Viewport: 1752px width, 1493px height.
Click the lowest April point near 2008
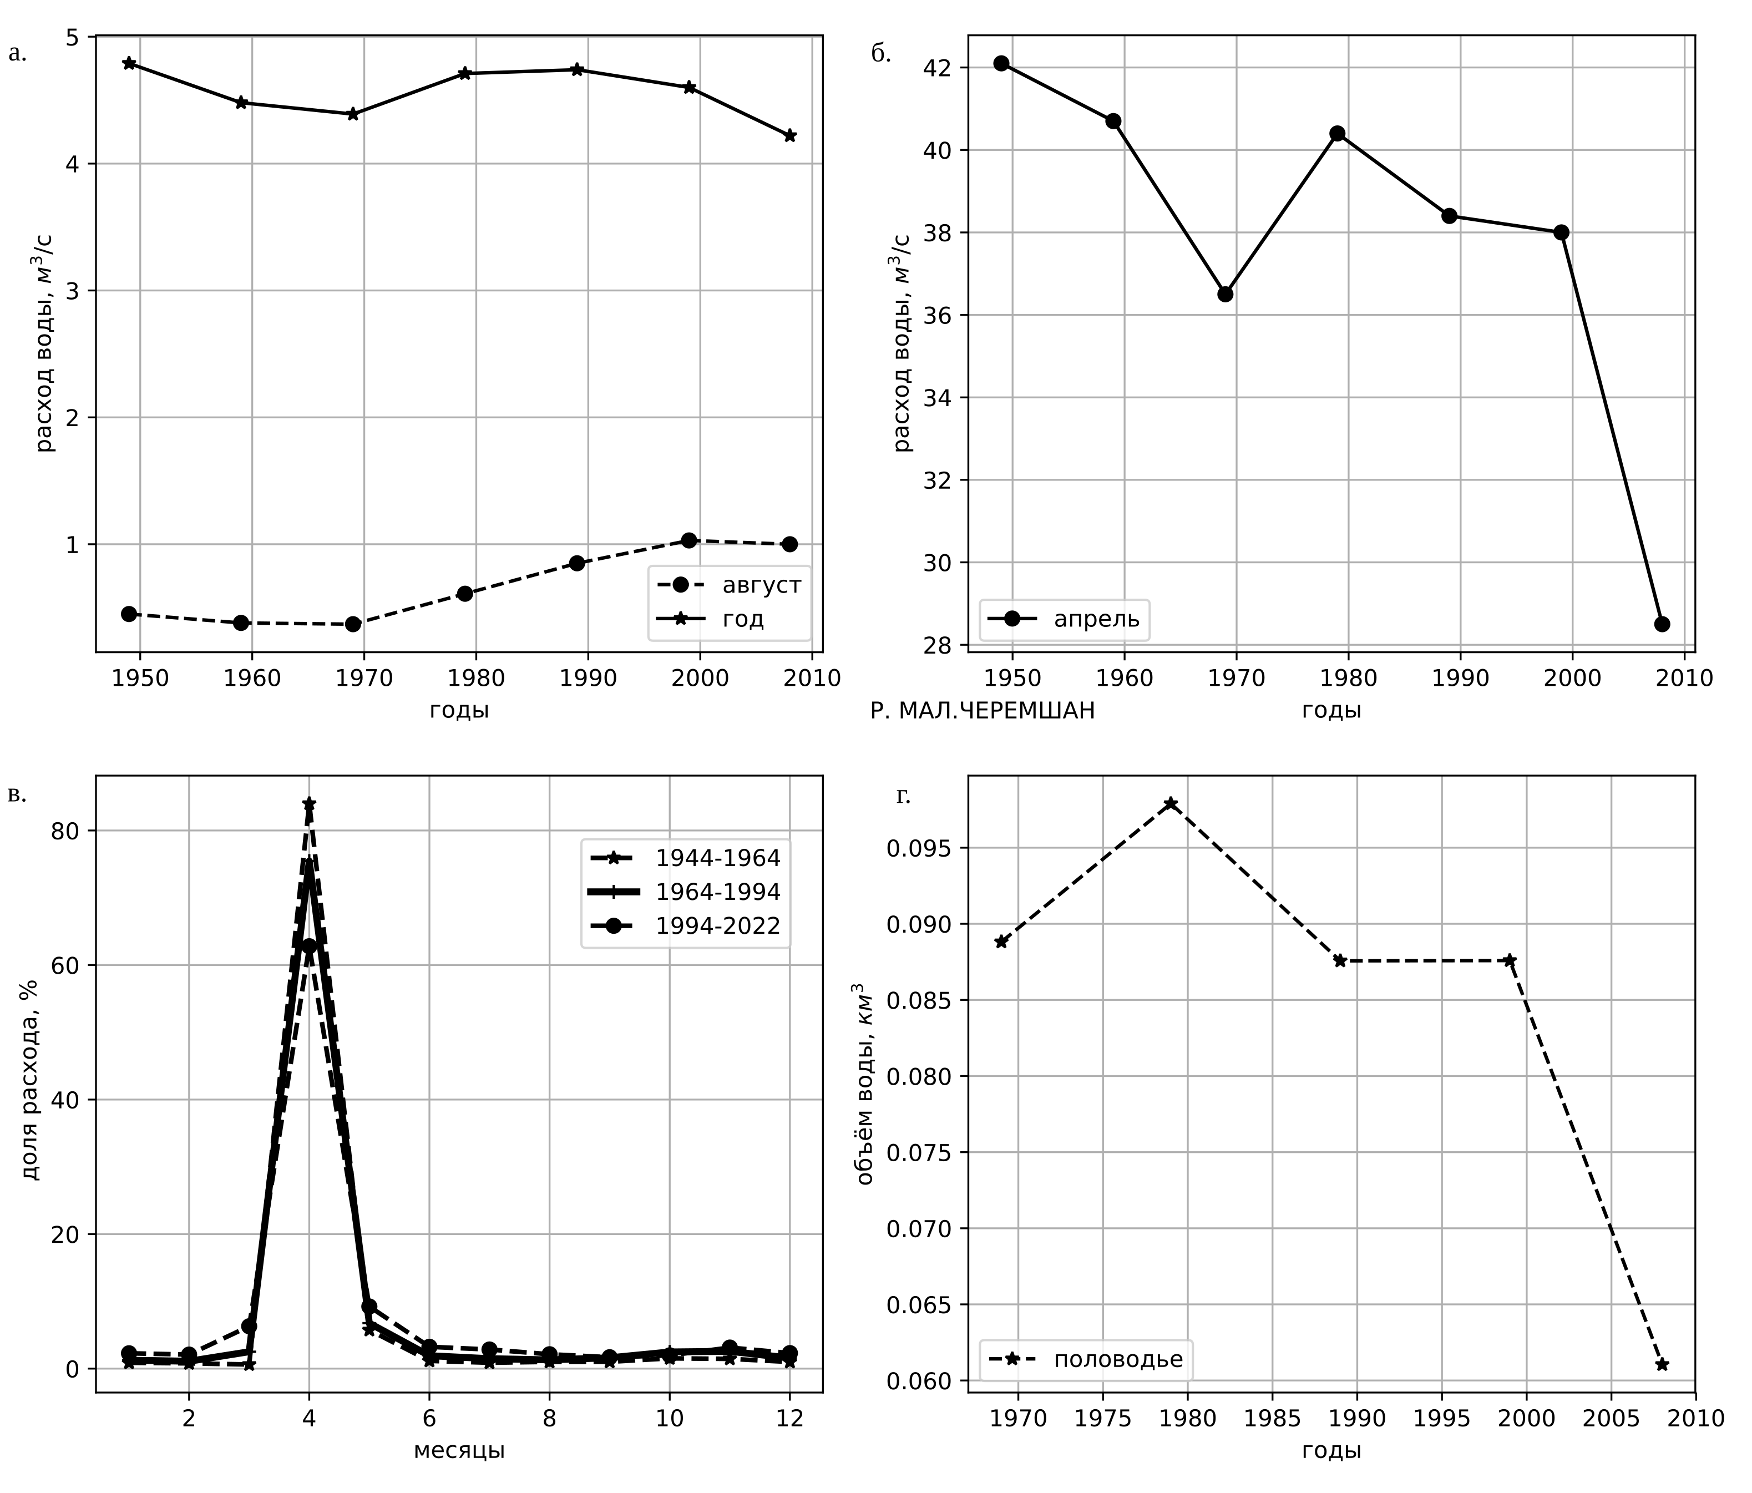1662,624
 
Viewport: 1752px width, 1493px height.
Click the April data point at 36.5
1225,294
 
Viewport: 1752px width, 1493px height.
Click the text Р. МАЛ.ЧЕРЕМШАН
983,712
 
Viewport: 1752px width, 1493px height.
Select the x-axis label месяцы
459,1451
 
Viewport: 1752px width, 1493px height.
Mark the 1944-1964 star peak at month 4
310,803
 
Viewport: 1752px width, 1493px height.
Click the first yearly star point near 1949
129,63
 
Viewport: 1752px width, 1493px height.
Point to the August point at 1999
689,540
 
